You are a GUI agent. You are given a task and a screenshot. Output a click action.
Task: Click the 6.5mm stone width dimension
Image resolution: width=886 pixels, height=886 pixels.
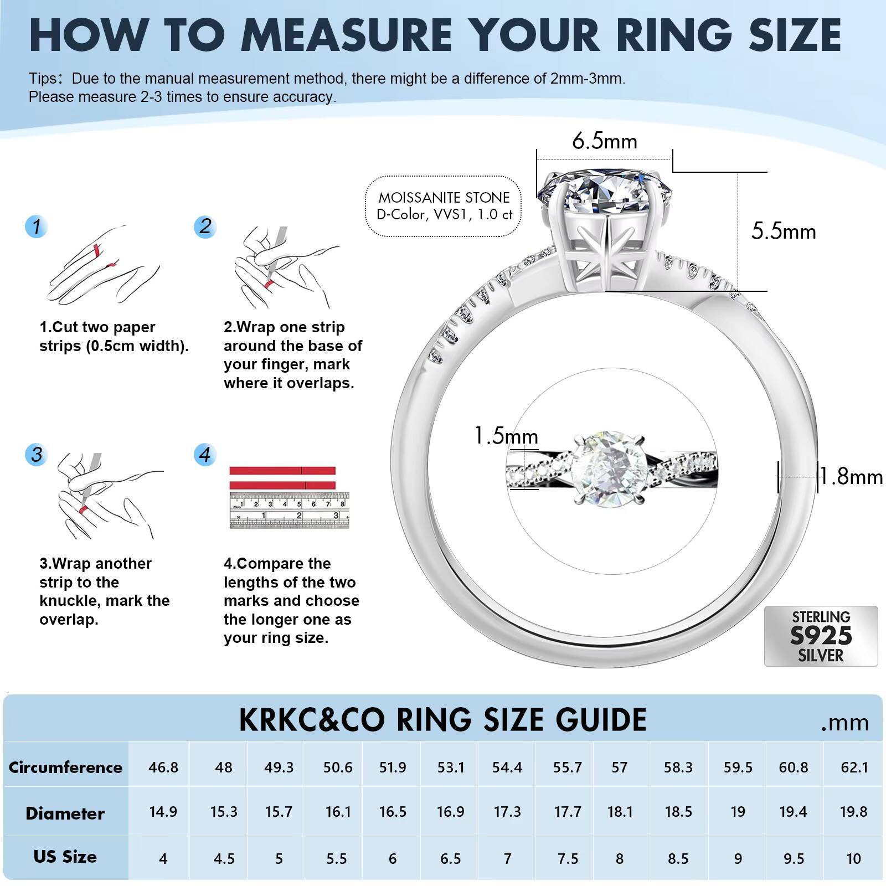(604, 142)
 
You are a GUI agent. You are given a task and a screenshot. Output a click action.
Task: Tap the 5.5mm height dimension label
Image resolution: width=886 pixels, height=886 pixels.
(783, 231)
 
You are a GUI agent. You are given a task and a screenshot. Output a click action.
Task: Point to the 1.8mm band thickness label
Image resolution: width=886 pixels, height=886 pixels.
(851, 477)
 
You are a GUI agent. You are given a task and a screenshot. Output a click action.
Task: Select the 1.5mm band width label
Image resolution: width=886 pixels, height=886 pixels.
(506, 436)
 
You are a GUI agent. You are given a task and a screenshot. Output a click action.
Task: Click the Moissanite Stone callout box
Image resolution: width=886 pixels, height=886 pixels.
(444, 206)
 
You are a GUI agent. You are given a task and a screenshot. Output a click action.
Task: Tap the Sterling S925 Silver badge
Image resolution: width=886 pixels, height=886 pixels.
(821, 636)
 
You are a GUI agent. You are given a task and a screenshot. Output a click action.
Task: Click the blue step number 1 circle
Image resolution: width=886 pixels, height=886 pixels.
(37, 226)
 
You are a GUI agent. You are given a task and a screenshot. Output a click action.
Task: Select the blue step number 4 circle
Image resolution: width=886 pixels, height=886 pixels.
(205, 455)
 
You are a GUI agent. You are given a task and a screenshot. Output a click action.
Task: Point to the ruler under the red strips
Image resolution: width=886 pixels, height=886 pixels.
(290, 510)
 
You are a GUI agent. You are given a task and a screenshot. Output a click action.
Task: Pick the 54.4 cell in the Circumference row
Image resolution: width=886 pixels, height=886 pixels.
(507, 767)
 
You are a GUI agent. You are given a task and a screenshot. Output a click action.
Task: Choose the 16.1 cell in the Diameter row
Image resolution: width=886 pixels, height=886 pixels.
(338, 812)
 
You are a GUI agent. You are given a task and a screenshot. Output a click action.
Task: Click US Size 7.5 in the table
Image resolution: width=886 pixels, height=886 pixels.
(567, 858)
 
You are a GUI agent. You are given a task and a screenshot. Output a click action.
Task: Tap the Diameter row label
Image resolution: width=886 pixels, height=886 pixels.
(65, 813)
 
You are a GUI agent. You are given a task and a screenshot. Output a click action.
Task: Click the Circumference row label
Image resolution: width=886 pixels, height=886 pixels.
(65, 767)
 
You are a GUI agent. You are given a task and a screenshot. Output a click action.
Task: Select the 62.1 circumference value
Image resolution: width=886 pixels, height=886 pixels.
(854, 767)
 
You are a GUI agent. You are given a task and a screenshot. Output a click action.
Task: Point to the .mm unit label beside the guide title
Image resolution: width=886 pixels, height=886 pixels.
(845, 723)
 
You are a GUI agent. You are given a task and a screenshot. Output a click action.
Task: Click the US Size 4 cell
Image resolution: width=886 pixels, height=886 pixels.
(163, 858)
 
